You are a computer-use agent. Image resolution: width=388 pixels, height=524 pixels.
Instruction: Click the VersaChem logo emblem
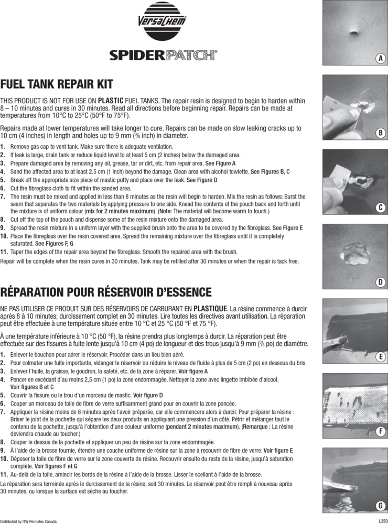(x=162, y=21)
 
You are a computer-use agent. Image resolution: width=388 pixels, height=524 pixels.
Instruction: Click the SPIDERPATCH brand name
(x=163, y=55)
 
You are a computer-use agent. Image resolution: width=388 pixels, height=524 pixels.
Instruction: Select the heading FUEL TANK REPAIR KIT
(x=57, y=84)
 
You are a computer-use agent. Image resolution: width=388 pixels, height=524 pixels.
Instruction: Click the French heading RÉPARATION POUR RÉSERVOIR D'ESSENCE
(x=106, y=292)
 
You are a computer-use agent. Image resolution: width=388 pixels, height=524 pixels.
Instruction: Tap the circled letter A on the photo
(x=381, y=59)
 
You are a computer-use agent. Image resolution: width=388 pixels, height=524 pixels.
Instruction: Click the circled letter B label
(x=381, y=133)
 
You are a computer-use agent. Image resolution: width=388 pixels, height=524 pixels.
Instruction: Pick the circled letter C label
(x=381, y=208)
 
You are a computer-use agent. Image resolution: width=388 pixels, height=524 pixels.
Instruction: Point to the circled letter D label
(x=381, y=282)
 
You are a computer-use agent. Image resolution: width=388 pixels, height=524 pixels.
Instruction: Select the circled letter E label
(x=381, y=357)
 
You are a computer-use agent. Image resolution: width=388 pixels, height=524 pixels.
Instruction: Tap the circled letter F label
(x=381, y=431)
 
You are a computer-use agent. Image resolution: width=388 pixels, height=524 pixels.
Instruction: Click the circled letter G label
(x=381, y=506)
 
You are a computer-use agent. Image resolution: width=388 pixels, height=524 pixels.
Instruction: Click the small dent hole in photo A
(x=356, y=32)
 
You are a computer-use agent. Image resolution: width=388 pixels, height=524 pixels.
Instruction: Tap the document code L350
(x=383, y=521)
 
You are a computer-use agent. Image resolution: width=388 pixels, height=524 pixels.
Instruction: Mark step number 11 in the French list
(x=4, y=475)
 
